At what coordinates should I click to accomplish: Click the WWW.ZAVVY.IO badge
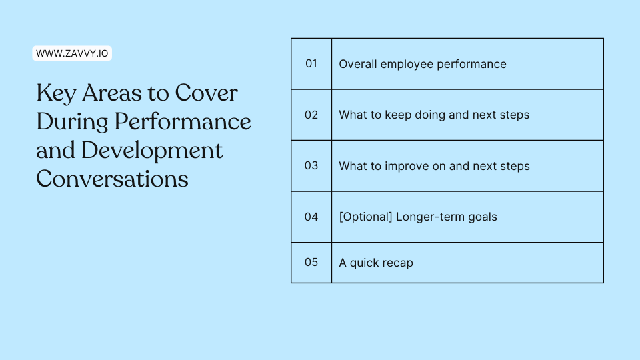point(72,53)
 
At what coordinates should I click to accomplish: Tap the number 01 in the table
point(311,64)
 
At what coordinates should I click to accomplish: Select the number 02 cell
point(311,115)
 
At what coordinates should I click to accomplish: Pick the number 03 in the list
point(311,166)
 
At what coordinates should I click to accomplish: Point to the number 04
point(311,217)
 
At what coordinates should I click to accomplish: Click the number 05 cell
point(311,263)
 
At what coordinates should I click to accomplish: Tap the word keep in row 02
point(398,115)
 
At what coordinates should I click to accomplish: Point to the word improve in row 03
point(407,166)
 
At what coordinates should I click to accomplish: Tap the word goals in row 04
point(483,217)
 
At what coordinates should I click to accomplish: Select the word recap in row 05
point(397,263)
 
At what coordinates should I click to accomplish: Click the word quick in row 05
point(364,263)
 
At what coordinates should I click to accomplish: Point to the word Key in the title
point(56,94)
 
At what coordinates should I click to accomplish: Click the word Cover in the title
point(206,93)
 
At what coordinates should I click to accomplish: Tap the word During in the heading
point(72,122)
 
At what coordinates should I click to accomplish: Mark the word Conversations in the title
point(112,179)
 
